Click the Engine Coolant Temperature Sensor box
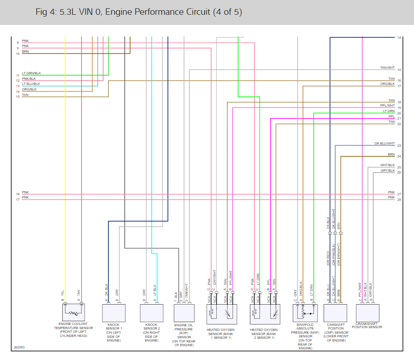(73, 312)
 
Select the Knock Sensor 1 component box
(113, 312)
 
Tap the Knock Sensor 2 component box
(152, 312)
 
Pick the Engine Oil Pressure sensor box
(184, 312)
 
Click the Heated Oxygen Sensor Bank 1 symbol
(222, 313)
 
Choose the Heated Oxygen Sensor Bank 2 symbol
(264, 313)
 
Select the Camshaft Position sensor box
(336, 312)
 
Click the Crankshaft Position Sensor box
(367, 312)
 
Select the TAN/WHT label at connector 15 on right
(387, 68)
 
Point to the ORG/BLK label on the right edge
(387, 84)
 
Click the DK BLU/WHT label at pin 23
(384, 144)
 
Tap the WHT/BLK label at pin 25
(387, 165)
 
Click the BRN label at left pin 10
(25, 52)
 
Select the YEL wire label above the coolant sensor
(62, 293)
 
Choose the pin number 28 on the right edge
(399, 200)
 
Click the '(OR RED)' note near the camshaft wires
(328, 258)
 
